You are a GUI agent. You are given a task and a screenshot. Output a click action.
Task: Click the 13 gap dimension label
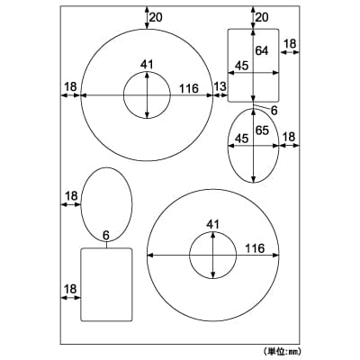(220, 86)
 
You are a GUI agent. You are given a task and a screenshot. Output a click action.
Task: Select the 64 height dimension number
(262, 50)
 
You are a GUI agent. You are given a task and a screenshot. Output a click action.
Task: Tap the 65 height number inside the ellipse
(262, 130)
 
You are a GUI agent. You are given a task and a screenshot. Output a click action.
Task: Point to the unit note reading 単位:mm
(283, 350)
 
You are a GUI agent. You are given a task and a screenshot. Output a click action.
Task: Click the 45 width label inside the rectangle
(241, 66)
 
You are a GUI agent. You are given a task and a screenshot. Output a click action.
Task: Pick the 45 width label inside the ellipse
(241, 139)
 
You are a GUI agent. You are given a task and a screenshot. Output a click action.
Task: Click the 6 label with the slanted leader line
(274, 111)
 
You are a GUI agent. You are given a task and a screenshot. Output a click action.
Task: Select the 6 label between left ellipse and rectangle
(106, 235)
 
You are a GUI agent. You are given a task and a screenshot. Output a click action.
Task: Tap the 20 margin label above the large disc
(156, 17)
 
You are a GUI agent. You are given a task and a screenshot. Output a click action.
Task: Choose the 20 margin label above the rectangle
(262, 17)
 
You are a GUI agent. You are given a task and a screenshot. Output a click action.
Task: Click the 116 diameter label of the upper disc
(189, 88)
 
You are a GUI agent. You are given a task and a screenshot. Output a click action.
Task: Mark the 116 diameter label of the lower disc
(255, 248)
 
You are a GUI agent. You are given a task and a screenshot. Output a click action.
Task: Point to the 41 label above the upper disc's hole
(147, 65)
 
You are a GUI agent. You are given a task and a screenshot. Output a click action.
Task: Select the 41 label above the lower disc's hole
(213, 224)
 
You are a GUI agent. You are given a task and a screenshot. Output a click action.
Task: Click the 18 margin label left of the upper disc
(71, 86)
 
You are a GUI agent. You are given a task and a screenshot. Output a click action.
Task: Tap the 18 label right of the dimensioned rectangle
(290, 44)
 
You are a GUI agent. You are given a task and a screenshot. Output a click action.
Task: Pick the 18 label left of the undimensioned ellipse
(71, 196)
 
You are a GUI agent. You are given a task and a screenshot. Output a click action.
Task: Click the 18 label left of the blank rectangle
(70, 289)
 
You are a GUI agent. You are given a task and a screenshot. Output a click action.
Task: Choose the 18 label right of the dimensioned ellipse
(289, 137)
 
